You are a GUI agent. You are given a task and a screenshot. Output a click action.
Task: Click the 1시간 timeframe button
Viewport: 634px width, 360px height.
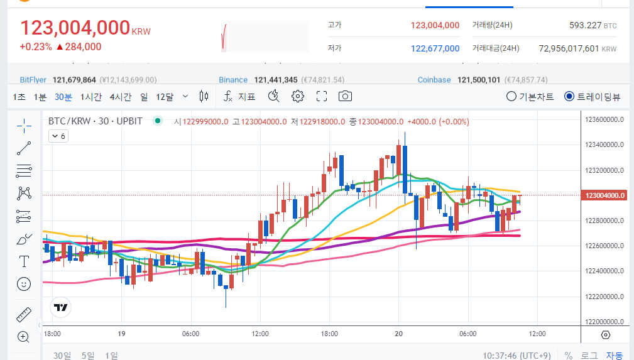90,97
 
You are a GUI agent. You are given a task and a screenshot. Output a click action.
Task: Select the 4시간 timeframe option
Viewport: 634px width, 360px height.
120,97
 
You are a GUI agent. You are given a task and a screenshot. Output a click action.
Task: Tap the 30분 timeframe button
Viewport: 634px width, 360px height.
63,97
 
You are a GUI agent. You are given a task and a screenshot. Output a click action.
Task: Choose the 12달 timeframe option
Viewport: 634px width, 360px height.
164,97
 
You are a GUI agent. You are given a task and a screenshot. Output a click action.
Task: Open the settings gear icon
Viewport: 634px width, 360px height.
297,96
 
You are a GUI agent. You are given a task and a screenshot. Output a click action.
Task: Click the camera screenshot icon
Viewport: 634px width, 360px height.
344,96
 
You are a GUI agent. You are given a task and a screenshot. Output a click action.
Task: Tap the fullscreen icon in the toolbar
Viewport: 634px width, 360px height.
322,96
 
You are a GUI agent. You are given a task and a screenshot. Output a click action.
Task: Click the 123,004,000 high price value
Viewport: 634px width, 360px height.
435,25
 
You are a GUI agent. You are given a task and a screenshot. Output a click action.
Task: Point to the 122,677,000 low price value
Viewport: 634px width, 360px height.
435,48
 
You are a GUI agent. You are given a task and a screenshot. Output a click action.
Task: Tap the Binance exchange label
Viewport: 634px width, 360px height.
233,80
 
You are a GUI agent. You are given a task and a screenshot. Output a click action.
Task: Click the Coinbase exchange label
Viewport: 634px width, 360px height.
434,80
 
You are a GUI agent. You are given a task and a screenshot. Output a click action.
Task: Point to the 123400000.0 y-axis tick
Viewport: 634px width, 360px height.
604,145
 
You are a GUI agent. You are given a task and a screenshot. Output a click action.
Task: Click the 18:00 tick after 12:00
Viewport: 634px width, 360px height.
329,334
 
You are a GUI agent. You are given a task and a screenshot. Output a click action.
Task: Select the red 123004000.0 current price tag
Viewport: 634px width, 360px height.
604,195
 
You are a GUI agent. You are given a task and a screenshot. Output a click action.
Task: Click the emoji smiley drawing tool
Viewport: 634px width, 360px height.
24,284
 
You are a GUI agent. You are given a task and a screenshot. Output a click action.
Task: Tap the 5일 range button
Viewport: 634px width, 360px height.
88,356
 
